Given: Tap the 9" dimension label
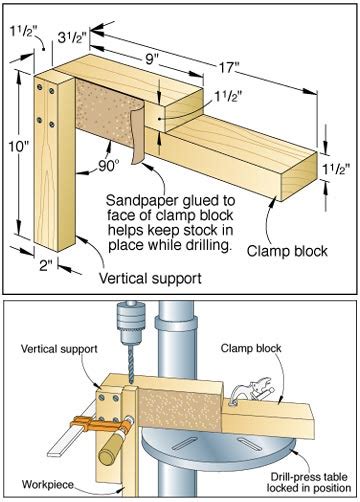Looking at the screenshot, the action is [152, 59].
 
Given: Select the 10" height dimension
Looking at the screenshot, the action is [19, 146].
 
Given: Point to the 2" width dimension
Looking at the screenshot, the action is [46, 266].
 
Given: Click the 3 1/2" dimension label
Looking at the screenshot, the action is [72, 37].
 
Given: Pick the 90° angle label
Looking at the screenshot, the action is [107, 166].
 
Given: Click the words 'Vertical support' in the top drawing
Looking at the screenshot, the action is [150, 278].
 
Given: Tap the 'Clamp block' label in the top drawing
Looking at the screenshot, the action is [287, 251].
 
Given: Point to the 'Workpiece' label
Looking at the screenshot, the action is [48, 484].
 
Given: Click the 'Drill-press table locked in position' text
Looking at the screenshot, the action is [309, 482].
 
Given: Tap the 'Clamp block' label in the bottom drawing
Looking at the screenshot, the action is [251, 349].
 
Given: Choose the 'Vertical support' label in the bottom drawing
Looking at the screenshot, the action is [59, 349].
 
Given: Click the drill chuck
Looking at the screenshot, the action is [131, 322].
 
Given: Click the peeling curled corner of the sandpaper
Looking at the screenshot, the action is [137, 133].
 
